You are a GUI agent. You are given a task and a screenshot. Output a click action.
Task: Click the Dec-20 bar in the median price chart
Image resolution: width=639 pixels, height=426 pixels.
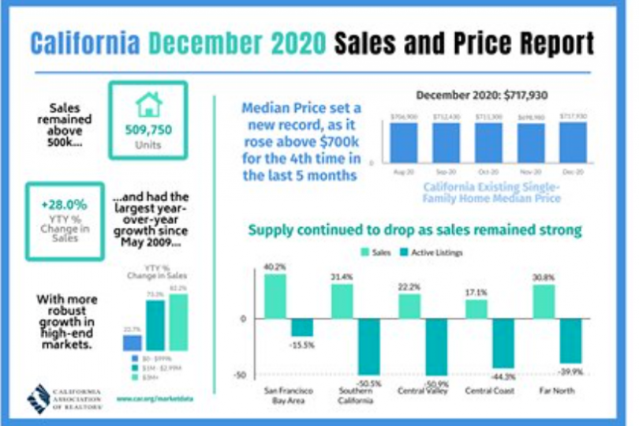(574, 140)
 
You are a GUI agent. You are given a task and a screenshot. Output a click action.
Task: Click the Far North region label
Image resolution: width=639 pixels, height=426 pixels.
(555, 390)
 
